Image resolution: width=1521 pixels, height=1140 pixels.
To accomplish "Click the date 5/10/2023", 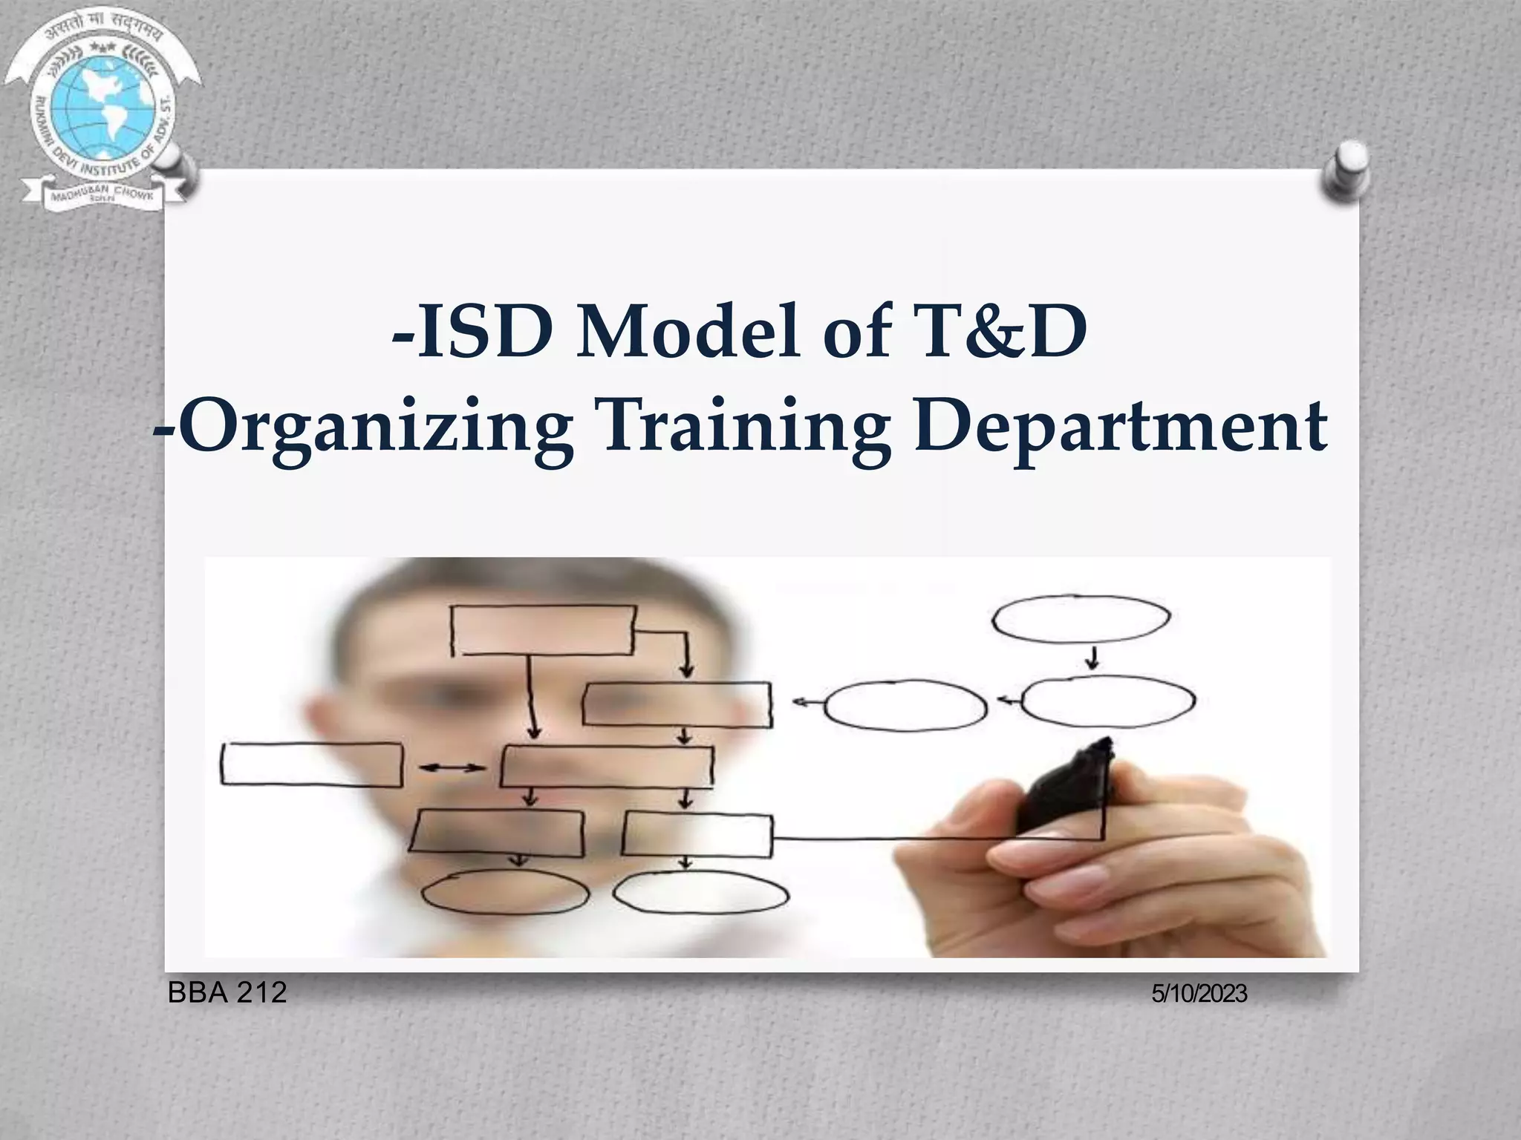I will click(x=1199, y=994).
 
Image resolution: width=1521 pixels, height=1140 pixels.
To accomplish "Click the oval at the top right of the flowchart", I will click(x=1081, y=617).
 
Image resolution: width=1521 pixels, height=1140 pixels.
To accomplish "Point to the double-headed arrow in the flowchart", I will click(x=452, y=767).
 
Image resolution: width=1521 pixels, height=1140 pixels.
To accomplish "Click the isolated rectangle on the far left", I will click(x=311, y=764).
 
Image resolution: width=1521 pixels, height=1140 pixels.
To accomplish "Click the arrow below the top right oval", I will click(x=1092, y=658).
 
